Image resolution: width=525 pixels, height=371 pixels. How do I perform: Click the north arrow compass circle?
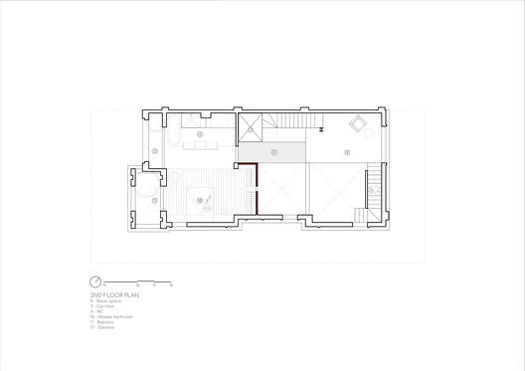95,279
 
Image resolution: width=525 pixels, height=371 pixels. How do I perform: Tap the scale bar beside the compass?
140,280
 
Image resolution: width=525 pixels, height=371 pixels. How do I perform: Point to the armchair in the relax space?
358,124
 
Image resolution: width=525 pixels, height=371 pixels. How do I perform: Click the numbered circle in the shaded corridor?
273,152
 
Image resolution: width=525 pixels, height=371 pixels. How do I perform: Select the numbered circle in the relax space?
347,152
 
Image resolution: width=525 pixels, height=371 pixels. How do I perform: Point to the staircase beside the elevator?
288,120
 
